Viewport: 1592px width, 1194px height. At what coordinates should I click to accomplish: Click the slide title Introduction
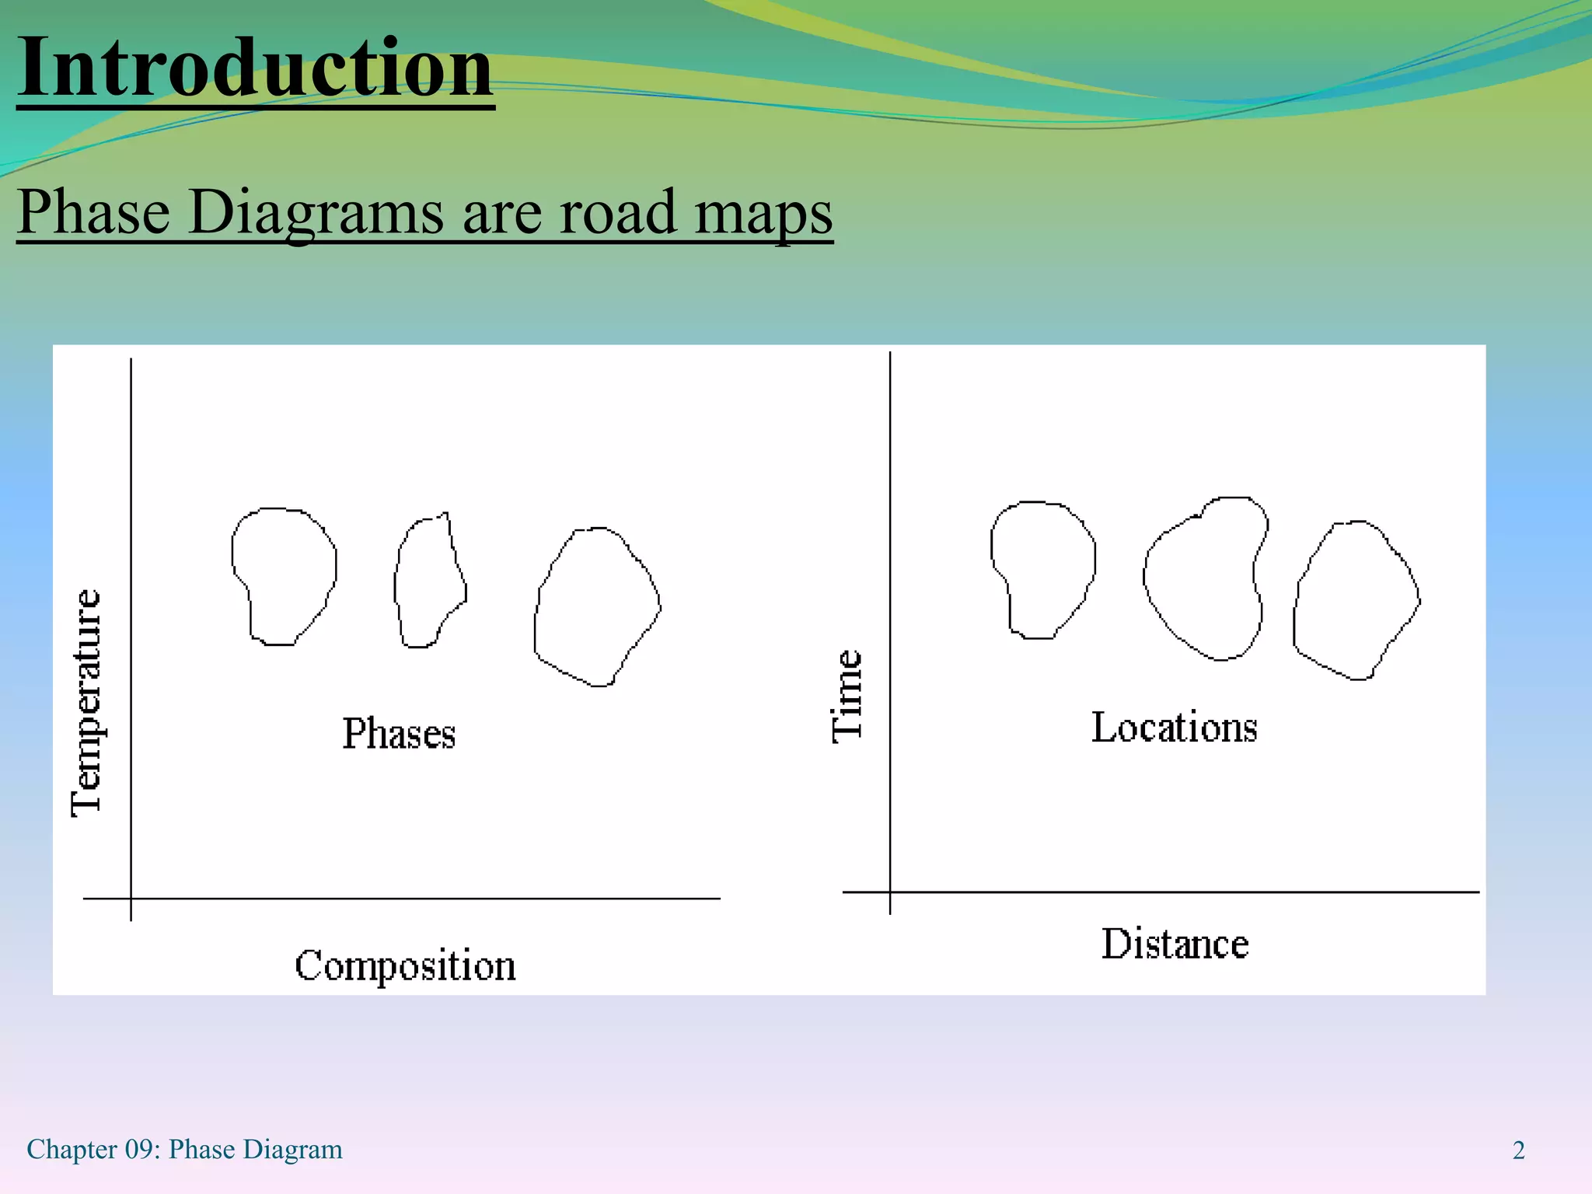(255, 68)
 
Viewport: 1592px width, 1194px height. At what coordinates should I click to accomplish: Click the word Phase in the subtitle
(93, 212)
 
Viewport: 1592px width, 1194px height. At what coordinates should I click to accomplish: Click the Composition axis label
(405, 966)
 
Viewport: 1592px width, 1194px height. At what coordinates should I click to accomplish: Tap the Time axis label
(847, 696)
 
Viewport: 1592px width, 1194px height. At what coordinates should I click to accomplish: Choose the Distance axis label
(1175, 944)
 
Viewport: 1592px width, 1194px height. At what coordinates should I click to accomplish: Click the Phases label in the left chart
(399, 734)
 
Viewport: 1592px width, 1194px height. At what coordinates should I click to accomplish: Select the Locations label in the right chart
(1174, 728)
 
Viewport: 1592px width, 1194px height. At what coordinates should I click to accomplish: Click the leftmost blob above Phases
(284, 575)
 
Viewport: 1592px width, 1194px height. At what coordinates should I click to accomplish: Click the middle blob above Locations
(1203, 579)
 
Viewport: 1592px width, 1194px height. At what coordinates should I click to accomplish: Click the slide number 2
(1518, 1150)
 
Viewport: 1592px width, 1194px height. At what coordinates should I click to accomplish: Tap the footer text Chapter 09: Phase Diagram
(184, 1150)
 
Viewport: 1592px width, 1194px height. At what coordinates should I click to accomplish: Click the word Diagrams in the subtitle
(316, 212)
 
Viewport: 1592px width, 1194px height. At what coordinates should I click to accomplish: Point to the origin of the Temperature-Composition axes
(131, 899)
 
